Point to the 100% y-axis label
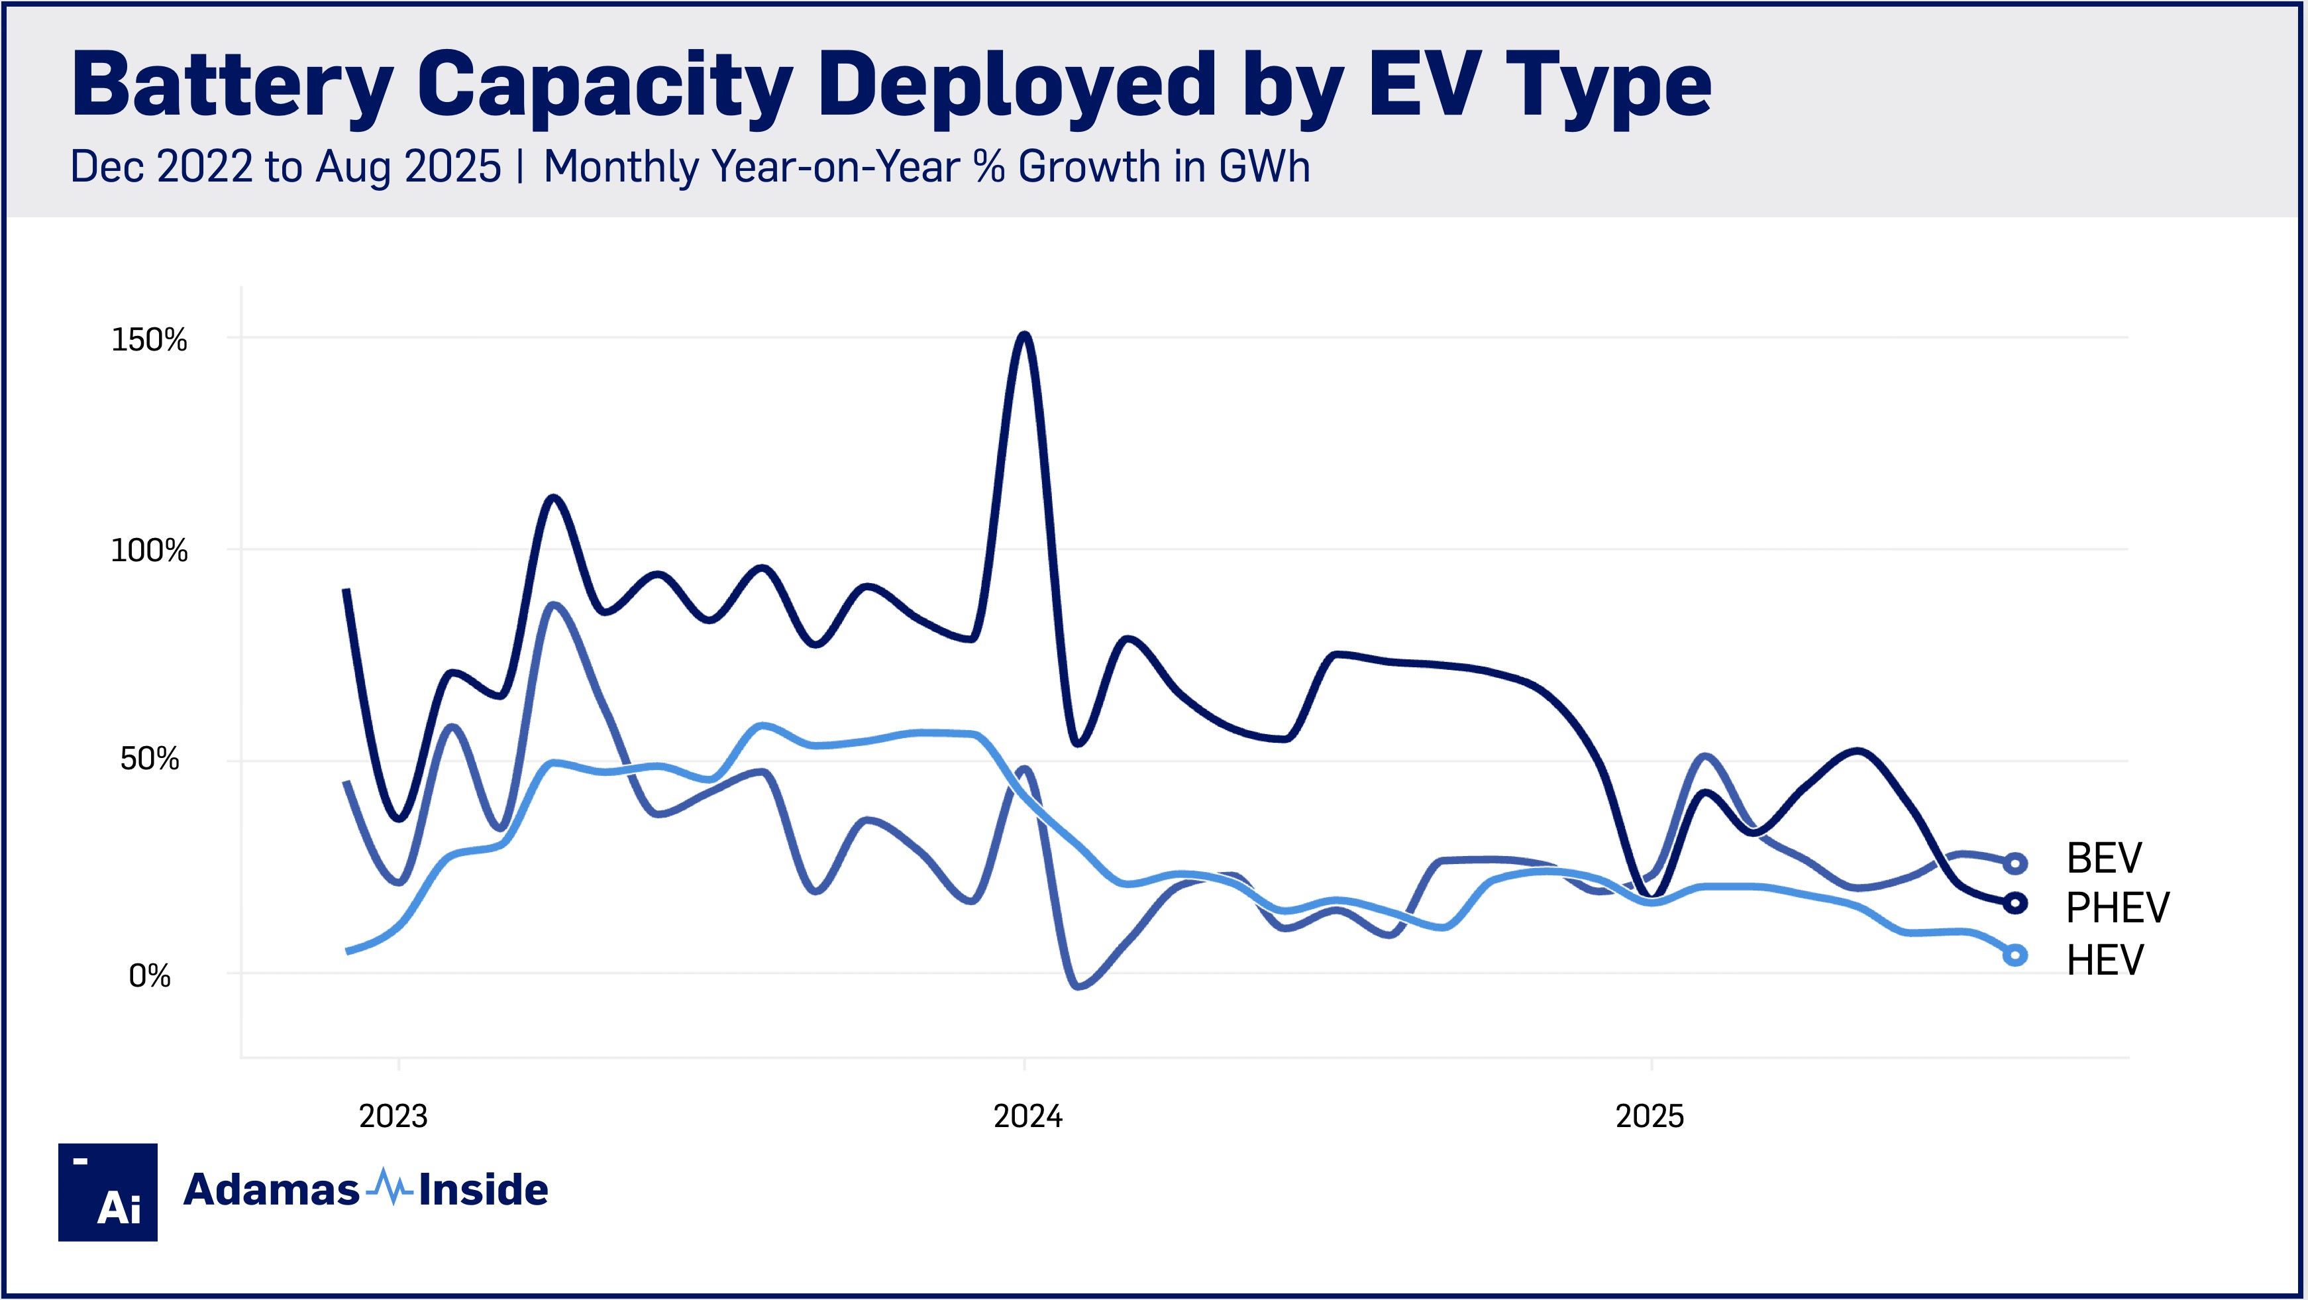point(149,550)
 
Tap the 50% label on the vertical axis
point(150,759)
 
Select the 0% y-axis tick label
point(150,975)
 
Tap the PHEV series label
point(2117,908)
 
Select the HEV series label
point(2105,959)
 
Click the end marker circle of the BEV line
point(2015,863)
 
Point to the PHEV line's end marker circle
point(2015,903)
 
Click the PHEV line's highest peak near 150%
point(1025,335)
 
